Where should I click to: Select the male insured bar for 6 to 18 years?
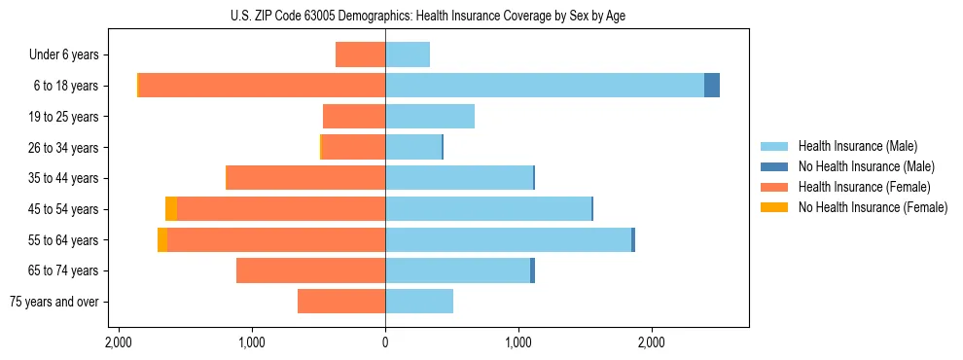tap(545, 86)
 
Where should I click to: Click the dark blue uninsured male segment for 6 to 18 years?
tap(712, 86)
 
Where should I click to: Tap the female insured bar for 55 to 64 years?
tap(276, 240)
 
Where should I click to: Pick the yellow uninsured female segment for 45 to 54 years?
tap(171, 209)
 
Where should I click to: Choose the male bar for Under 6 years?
tap(408, 54)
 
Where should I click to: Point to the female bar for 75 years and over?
tap(341, 302)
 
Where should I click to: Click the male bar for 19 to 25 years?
tap(430, 117)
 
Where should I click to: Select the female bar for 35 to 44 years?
tap(305, 178)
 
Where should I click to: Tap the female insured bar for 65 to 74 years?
tap(311, 270)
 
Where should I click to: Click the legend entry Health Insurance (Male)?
tap(857, 146)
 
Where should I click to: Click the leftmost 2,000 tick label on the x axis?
tap(118, 342)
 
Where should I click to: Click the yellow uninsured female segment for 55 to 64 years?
tap(162, 240)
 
